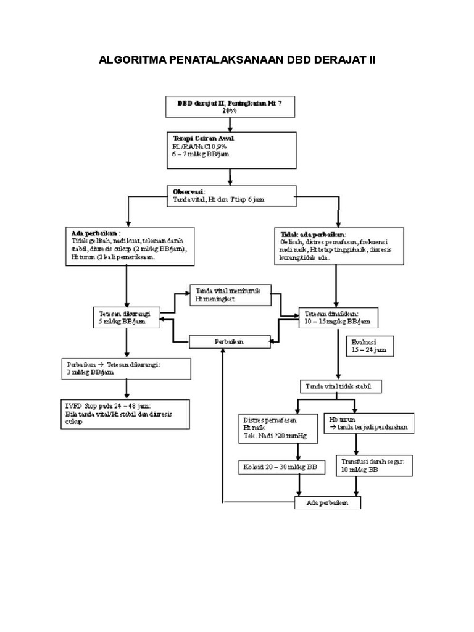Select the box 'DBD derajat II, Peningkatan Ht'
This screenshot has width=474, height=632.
pos(230,106)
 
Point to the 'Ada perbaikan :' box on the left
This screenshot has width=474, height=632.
pos(127,245)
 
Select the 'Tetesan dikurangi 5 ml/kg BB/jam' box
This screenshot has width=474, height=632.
pos(126,317)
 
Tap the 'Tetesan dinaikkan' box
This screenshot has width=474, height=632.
pos(338,317)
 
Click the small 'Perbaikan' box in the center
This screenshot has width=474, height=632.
pos(229,341)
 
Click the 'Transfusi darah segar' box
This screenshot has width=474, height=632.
pos(373,465)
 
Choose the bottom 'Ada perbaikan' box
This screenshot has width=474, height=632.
pos(328,503)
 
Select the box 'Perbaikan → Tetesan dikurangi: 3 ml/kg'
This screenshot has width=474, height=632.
pos(126,368)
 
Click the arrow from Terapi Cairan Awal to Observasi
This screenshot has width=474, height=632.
pos(230,177)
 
